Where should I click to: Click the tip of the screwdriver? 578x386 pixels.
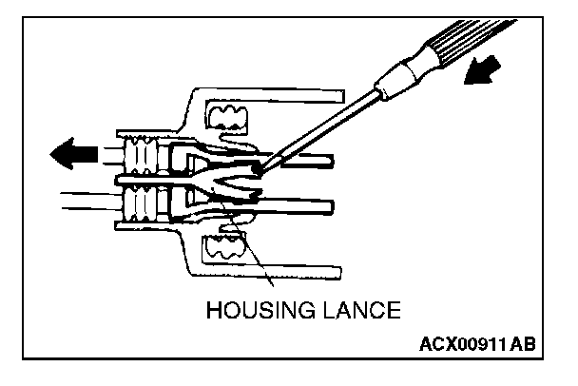(x=262, y=169)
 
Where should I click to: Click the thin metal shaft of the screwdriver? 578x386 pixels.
(x=323, y=126)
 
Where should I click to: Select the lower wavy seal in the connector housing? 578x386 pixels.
(x=225, y=252)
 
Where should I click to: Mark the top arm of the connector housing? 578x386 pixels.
(x=285, y=94)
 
